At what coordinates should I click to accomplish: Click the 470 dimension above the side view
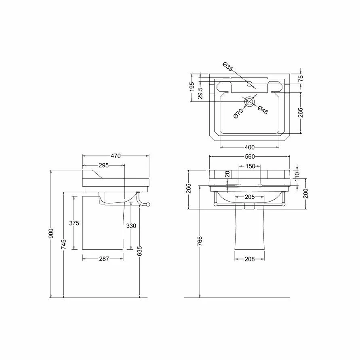pyautogui.click(x=116, y=156)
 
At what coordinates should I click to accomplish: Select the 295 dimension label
pyautogui.click(x=104, y=165)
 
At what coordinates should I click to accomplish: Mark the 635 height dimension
pyautogui.click(x=139, y=251)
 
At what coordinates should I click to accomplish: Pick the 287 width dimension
pyautogui.click(x=104, y=259)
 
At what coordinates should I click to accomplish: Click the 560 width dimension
pyautogui.click(x=249, y=156)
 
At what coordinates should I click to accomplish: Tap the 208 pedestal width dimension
pyautogui.click(x=250, y=259)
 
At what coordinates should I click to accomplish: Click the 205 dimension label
pyautogui.click(x=250, y=197)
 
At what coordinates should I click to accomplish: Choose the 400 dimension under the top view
pyautogui.click(x=250, y=147)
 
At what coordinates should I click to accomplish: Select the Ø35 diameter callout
pyautogui.click(x=227, y=67)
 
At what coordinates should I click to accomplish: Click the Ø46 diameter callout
pyautogui.click(x=261, y=109)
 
